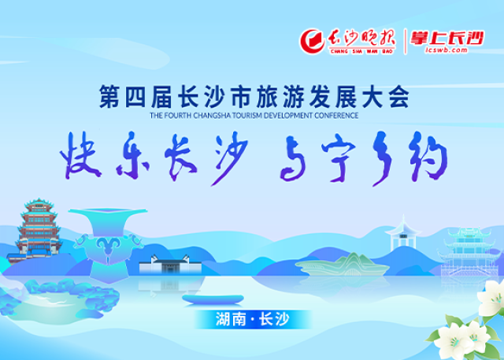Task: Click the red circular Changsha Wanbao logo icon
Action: point(312,42)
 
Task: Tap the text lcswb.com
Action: point(446,50)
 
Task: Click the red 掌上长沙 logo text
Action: point(447,38)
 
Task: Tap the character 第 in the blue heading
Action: point(109,96)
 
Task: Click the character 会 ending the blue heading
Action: point(398,96)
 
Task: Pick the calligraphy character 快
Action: point(80,156)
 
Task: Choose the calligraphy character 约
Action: point(428,158)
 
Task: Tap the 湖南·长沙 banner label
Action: point(253,319)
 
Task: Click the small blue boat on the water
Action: point(213,299)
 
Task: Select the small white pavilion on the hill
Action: point(402,233)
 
